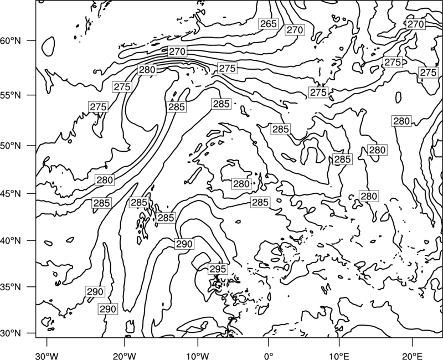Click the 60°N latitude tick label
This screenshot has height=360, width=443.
(x=11, y=41)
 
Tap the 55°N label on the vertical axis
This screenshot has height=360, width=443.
(x=11, y=95)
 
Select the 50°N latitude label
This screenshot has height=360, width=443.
(x=11, y=146)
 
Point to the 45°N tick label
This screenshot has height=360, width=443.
(x=11, y=193)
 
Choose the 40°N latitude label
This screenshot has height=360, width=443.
(x=11, y=241)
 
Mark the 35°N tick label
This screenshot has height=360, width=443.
(x=11, y=287)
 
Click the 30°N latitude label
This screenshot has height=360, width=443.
(x=11, y=333)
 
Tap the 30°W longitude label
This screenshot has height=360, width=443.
(x=47, y=356)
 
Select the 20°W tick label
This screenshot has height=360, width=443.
(x=124, y=356)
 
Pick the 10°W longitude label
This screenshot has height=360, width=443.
(x=198, y=356)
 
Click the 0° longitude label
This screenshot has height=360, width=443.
(x=269, y=356)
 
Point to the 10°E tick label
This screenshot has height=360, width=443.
(x=339, y=356)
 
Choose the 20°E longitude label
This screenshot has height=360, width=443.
(x=412, y=356)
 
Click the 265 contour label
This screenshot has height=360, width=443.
(x=268, y=24)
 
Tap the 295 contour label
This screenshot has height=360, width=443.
(x=218, y=269)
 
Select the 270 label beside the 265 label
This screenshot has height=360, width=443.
(x=295, y=30)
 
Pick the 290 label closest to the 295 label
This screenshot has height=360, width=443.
(x=184, y=244)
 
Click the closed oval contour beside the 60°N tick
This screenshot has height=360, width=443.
(x=48, y=46)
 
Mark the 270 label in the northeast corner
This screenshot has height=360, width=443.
(x=415, y=24)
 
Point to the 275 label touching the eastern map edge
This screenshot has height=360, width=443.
(x=428, y=73)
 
